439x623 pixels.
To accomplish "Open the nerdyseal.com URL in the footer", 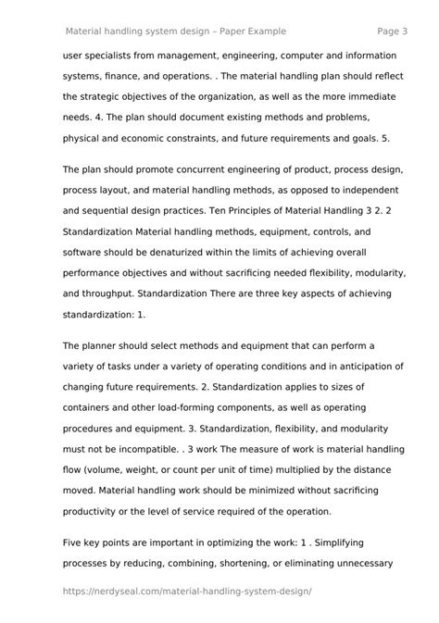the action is pyautogui.click(x=186, y=590).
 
